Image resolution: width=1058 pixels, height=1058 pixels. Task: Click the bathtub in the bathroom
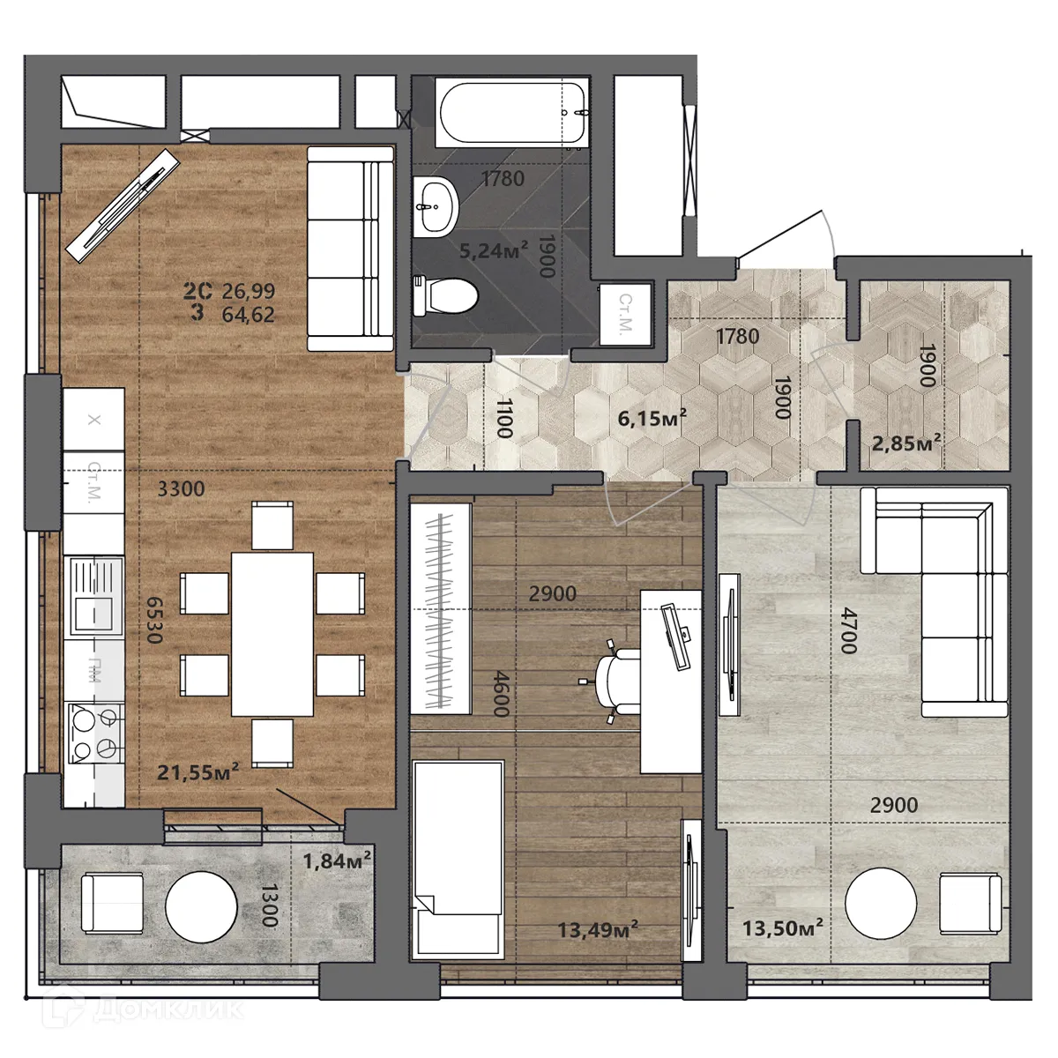click(510, 112)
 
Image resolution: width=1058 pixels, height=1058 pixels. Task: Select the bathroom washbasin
click(436, 205)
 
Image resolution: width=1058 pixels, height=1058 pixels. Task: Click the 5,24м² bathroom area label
click(493, 251)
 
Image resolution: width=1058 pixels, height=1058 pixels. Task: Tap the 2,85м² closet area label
click(905, 443)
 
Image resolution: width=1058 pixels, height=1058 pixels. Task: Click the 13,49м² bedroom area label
click(598, 929)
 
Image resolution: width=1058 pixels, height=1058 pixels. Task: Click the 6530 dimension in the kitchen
click(154, 620)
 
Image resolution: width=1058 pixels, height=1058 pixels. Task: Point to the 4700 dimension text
click(848, 630)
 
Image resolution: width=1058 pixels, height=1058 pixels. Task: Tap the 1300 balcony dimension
click(269, 905)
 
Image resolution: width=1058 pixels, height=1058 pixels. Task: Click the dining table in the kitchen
click(272, 633)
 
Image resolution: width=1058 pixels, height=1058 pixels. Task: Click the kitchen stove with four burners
click(95, 734)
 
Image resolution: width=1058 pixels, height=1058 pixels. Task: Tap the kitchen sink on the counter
click(93, 599)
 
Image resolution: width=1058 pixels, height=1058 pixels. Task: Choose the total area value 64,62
click(249, 314)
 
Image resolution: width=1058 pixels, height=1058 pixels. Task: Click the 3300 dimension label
click(181, 489)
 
